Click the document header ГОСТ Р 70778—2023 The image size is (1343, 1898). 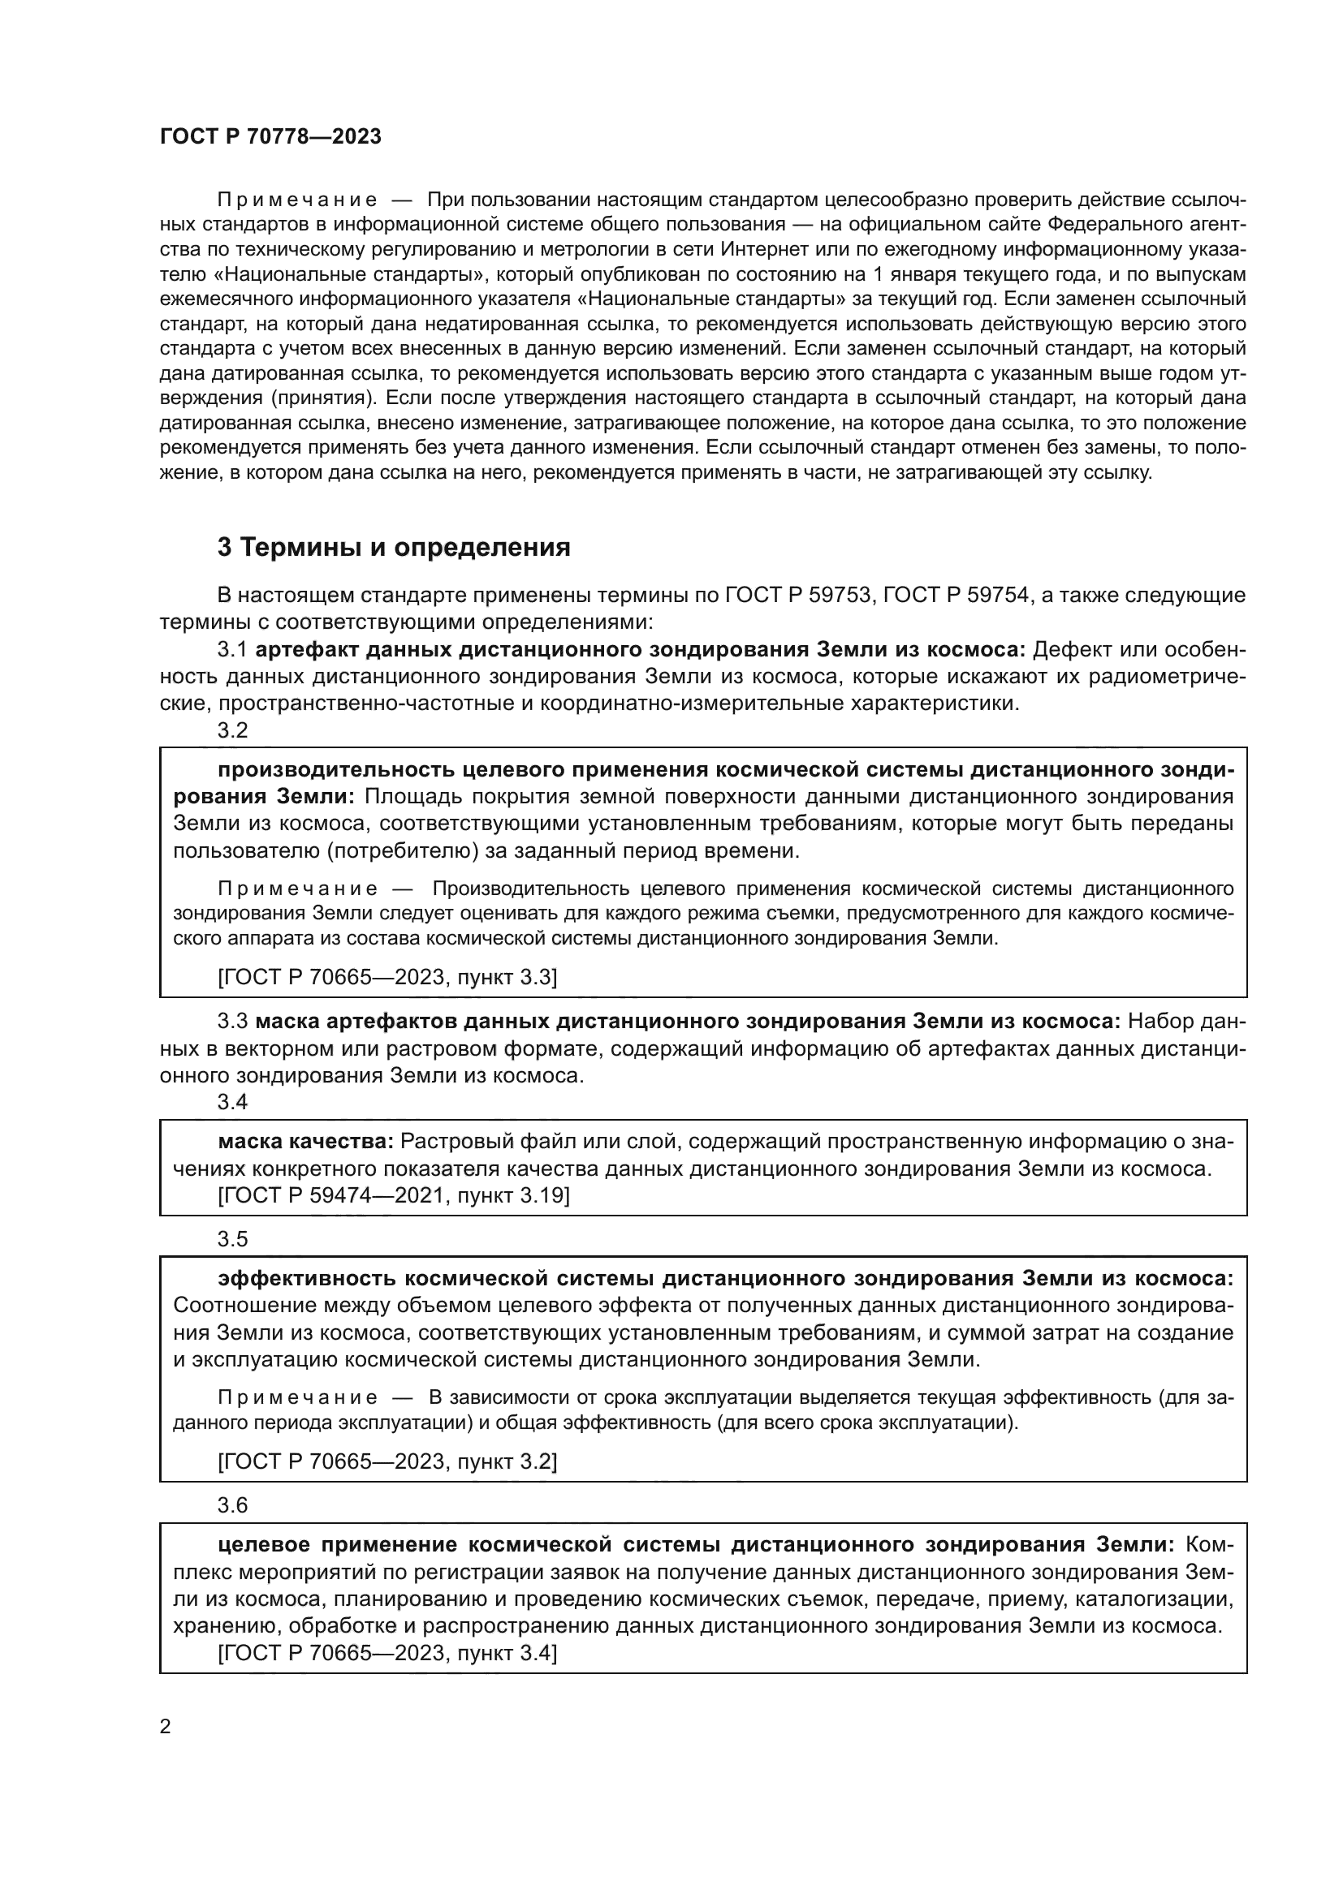tap(270, 137)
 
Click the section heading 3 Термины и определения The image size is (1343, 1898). tap(394, 547)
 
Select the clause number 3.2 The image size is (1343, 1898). tap(232, 731)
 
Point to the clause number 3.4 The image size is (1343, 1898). tap(232, 1102)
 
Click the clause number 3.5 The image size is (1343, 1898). tap(232, 1239)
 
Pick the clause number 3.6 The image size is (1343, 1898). tap(232, 1505)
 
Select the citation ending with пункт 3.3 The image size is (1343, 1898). tap(387, 977)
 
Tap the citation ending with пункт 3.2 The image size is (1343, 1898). tap(387, 1461)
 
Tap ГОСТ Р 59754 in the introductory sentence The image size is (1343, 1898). tap(955, 595)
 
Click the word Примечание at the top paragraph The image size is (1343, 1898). tap(297, 200)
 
